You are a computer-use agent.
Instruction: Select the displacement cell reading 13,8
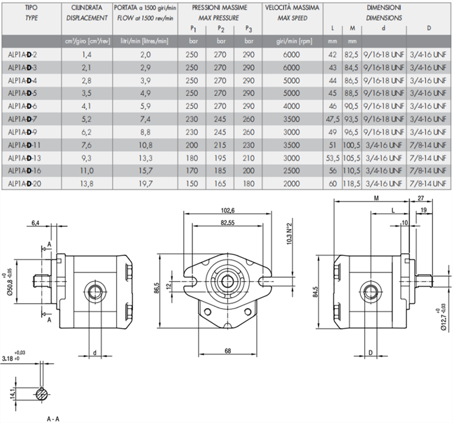tap(86, 184)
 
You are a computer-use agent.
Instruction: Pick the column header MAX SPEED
tap(292, 18)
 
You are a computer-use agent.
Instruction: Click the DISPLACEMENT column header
tap(87, 18)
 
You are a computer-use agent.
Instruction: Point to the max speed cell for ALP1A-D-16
tap(291, 171)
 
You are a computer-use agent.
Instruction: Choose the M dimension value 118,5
tap(352, 184)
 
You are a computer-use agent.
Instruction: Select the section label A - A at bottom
tap(53, 418)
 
